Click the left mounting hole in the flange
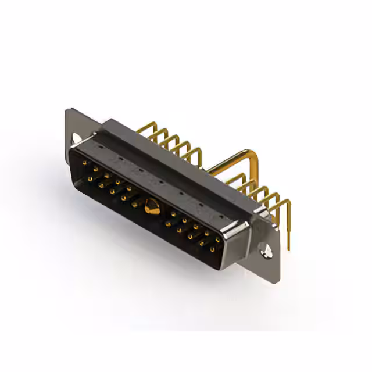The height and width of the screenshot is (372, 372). click(77, 138)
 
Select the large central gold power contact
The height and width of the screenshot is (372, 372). click(152, 207)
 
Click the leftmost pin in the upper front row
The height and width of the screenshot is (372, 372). click(84, 163)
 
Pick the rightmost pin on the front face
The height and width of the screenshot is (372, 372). click(218, 239)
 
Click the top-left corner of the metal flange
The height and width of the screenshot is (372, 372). click(69, 110)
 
